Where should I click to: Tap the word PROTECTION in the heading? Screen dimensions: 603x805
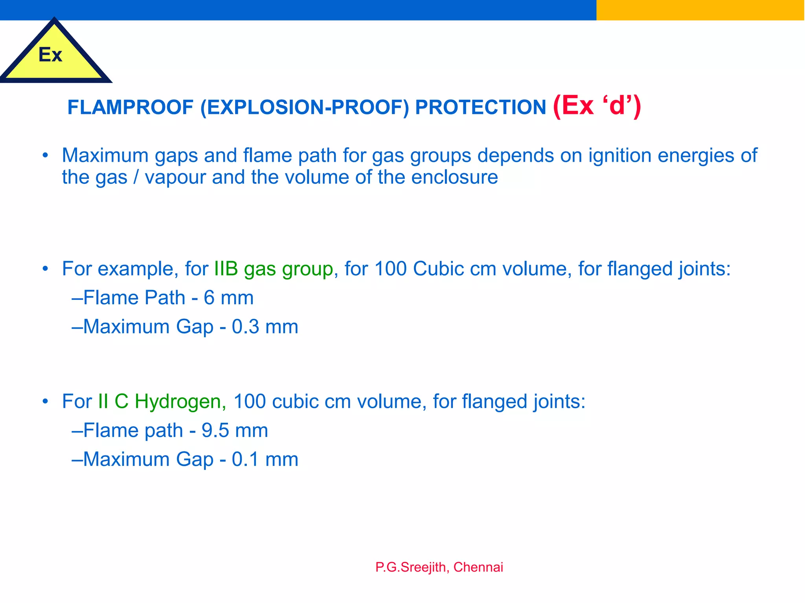coord(480,107)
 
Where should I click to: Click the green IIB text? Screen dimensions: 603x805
coord(226,269)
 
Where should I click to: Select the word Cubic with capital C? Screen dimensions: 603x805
coord(438,269)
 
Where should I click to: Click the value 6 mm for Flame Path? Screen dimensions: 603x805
coord(228,298)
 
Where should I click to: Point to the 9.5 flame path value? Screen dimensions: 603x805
coord(215,431)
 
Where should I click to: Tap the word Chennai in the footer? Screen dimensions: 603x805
coord(478,567)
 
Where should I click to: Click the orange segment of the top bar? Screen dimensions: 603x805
coord(700,10)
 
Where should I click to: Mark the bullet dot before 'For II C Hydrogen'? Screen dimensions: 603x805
coord(46,401)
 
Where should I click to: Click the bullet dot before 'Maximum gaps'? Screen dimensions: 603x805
coord(46,155)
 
